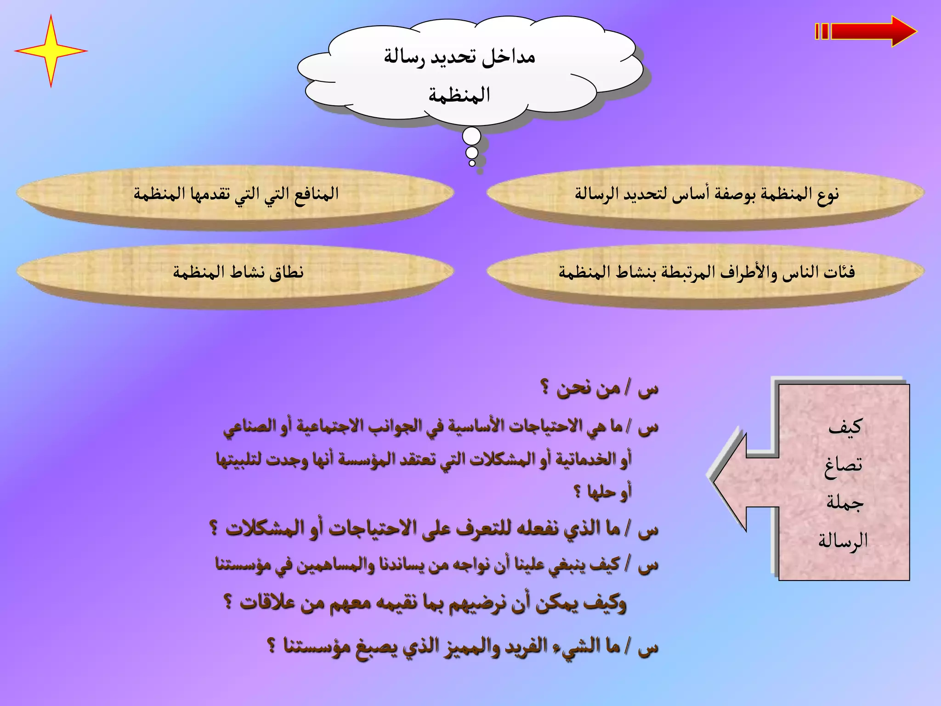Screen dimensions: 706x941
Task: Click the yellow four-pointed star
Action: coord(51,51)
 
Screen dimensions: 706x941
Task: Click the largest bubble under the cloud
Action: coord(471,137)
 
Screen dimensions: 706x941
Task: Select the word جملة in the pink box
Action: coord(845,502)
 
